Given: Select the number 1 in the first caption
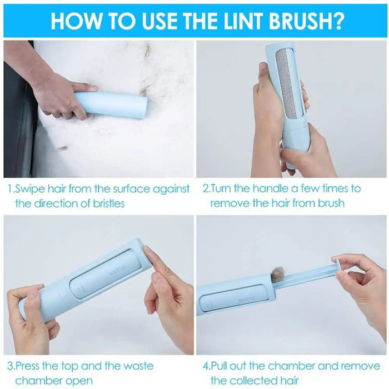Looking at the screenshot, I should (11, 189).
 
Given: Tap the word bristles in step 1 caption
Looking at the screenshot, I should (106, 203).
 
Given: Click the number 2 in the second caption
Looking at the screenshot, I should (205, 189).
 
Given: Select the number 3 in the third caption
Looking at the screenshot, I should (11, 366).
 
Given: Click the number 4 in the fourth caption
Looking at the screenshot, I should (206, 366).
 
